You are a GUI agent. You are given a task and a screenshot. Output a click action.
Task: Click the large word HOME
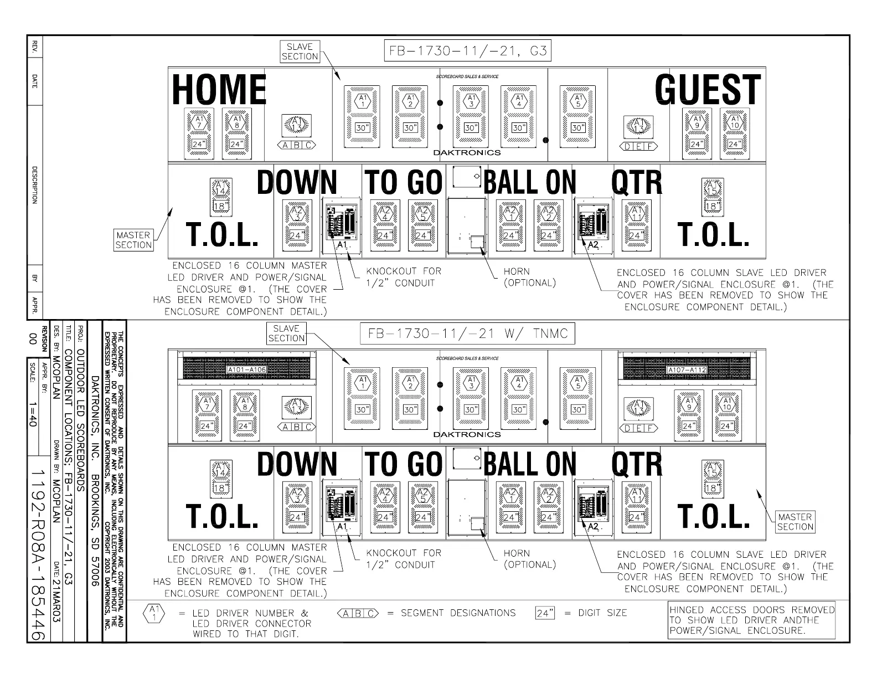219,90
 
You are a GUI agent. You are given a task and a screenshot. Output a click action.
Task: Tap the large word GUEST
708,90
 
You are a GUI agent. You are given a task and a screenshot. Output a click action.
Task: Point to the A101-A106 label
246,369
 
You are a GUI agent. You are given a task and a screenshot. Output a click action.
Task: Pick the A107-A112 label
687,369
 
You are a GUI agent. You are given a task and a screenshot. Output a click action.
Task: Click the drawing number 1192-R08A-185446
38,554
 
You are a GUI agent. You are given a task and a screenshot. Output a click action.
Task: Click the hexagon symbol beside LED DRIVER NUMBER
153,613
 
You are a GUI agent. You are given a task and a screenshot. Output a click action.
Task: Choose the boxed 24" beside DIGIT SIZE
545,613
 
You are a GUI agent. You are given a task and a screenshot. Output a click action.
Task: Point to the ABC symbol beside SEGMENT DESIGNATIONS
358,613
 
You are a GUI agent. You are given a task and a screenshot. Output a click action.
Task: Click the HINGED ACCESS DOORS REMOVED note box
751,620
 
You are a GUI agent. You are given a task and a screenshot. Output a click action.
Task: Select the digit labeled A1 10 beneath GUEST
734,132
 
